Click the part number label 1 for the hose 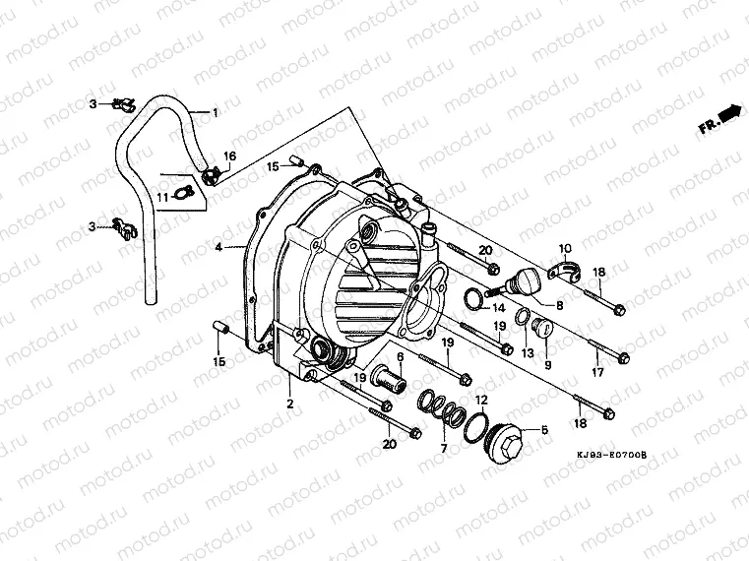coord(215,113)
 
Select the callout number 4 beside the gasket coord(218,246)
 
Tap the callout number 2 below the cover coord(290,404)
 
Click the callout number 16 coord(229,156)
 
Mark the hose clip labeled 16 coord(236,177)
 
